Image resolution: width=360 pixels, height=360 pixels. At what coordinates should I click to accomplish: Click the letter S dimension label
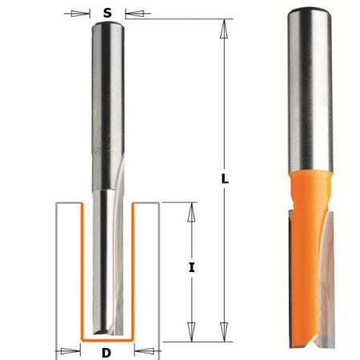pos(107,13)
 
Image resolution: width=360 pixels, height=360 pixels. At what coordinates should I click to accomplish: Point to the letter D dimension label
pos(107,352)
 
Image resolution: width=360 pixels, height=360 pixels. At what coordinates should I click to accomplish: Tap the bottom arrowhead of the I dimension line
pos(191,332)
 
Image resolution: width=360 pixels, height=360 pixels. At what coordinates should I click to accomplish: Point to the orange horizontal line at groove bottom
pos(107,340)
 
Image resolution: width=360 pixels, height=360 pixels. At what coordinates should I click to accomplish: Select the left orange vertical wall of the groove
pos(82,272)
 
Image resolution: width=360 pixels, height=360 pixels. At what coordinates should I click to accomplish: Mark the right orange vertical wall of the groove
pos(133,272)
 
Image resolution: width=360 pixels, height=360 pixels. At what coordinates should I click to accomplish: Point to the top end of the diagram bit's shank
pos(107,24)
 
